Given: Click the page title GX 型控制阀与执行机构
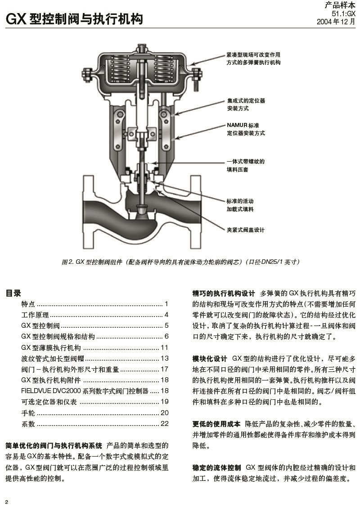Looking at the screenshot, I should (x=74, y=19).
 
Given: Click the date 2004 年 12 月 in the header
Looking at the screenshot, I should (x=336, y=22).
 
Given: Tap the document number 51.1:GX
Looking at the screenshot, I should (x=343, y=14).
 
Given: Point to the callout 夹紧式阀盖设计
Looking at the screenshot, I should (x=245, y=230).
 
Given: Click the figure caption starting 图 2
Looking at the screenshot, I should (x=180, y=262).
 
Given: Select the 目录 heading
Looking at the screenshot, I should (x=13, y=293).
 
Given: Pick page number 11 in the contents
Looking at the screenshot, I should (x=164, y=348).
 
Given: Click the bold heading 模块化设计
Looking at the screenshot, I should (x=210, y=359).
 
